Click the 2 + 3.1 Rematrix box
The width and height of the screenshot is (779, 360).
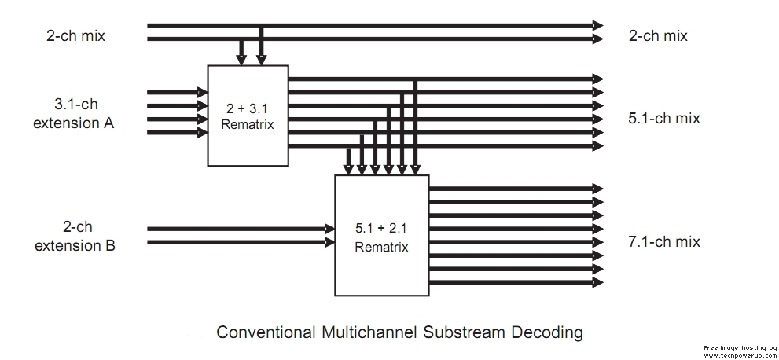coord(248,115)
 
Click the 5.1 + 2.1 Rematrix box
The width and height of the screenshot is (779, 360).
coord(381,236)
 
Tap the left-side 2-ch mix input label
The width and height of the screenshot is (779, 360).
coord(75,35)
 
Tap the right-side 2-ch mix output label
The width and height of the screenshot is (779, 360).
coord(658,35)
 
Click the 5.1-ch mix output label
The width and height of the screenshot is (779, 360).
coord(664,119)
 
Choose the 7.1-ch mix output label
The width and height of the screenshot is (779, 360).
coord(664,241)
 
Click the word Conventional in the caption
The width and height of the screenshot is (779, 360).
coord(266,332)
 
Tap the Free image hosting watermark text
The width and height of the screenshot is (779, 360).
coord(740,347)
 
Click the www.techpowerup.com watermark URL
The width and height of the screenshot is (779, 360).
coord(740,354)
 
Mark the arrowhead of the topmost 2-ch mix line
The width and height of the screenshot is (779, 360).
coord(598,25)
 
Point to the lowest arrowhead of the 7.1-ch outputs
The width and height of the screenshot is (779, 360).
coord(598,281)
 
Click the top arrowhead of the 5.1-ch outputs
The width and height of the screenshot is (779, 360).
coord(598,79)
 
